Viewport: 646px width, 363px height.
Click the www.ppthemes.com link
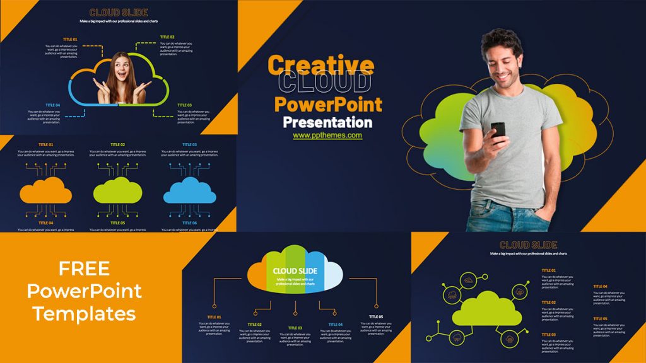pyautogui.click(x=327, y=135)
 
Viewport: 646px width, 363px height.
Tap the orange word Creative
pyautogui.click(x=320, y=65)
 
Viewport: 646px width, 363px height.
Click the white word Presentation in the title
pyautogui.click(x=327, y=122)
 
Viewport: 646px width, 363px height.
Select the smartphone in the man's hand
pyautogui.click(x=498, y=130)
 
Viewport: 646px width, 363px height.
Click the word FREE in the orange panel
pyautogui.click(x=85, y=268)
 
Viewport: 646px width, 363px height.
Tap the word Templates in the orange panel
pyautogui.click(x=85, y=313)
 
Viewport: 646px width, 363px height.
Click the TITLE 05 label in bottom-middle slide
pyautogui.click(x=375, y=317)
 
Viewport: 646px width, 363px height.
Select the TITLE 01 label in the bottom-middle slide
pyautogui.click(x=214, y=317)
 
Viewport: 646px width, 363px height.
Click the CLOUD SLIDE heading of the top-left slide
pyautogui.click(x=119, y=12)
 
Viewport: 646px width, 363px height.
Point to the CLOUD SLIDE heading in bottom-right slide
pyautogui.click(x=528, y=245)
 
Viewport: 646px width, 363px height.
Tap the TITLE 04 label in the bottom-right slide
pyautogui.click(x=601, y=286)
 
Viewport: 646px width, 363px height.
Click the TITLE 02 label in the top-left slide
pyautogui.click(x=167, y=37)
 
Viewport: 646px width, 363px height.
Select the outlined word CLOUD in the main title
pyautogui.click(x=324, y=83)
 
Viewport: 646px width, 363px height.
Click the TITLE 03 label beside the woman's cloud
pyautogui.click(x=184, y=105)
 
